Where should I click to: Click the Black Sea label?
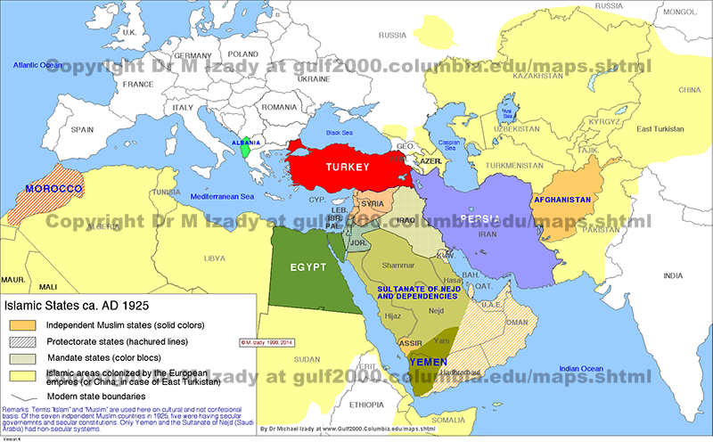(340, 132)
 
